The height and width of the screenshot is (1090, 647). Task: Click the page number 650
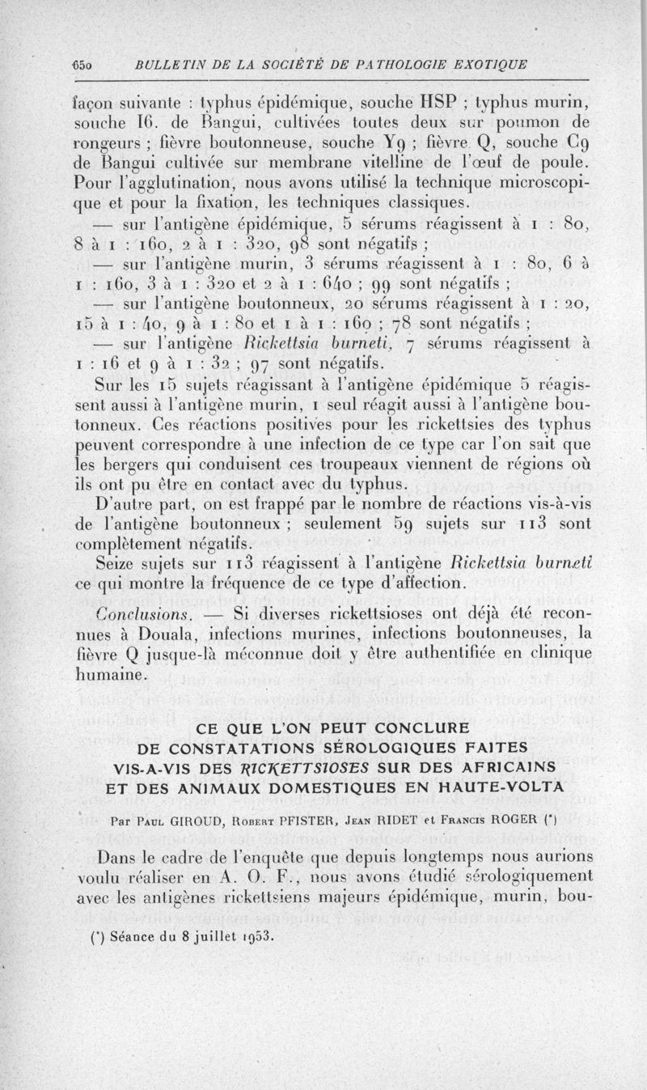tap(85, 64)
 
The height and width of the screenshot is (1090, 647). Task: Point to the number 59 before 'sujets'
tap(425, 524)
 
